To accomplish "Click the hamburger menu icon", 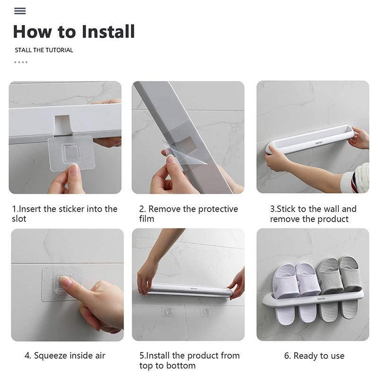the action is tap(20, 11).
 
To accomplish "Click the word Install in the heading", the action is tap(108, 32).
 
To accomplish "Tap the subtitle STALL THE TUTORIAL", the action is tap(44, 50).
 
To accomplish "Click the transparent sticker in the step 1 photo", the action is tap(71, 153).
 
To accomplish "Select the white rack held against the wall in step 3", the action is tap(310, 139).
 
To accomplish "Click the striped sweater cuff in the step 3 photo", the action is tap(355, 179).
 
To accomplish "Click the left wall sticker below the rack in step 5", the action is tap(168, 311).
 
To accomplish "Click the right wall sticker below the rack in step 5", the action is tap(207, 311).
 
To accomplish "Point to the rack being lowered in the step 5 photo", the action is tap(189, 290).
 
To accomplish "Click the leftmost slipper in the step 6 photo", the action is tap(285, 293).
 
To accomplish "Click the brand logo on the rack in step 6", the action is tap(321, 299).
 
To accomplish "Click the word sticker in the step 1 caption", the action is tap(72, 209).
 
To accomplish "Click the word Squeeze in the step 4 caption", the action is tap(51, 356).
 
